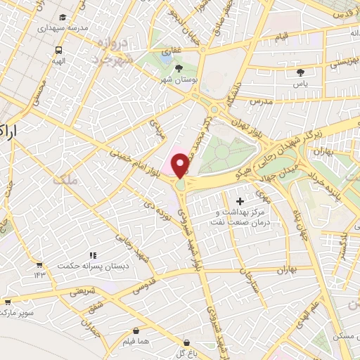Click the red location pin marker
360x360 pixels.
(181, 166)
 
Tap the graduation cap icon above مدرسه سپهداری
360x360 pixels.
(63, 17)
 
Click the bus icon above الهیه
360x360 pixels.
(58, 50)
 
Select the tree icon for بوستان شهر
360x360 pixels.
(179, 68)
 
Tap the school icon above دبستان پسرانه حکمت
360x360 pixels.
(92, 256)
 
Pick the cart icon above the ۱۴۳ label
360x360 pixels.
(39, 265)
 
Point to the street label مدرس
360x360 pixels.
(261, 101)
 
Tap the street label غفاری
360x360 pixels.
(171, 51)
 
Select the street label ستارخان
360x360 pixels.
(247, 284)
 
